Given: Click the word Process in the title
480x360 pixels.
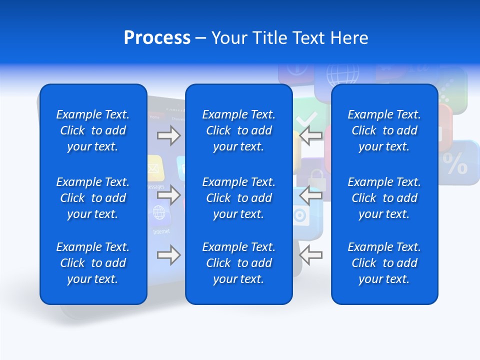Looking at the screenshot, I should [x=157, y=38].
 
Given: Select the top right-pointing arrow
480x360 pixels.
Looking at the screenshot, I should [x=169, y=135].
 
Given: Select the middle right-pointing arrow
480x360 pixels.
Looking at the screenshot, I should [x=169, y=195].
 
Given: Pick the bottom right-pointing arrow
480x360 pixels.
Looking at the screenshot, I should [x=169, y=255].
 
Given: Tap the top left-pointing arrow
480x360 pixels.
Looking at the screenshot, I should [x=310, y=135].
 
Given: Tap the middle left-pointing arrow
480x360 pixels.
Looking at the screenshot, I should [x=310, y=195].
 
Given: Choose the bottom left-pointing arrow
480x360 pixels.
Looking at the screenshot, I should [x=310, y=255].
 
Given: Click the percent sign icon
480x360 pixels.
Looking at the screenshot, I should [x=455, y=163].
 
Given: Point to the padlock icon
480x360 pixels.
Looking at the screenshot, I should [x=315, y=178].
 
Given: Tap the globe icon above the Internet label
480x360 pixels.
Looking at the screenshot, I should [x=159, y=213].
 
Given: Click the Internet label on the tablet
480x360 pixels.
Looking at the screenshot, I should [x=161, y=231].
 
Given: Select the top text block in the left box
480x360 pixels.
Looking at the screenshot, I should [x=93, y=130].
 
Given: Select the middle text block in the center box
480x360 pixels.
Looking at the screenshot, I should [x=238, y=198].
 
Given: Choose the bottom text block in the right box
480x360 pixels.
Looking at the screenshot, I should [x=384, y=263].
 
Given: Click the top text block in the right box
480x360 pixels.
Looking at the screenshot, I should [x=384, y=130].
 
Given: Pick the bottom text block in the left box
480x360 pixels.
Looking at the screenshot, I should [x=93, y=263].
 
